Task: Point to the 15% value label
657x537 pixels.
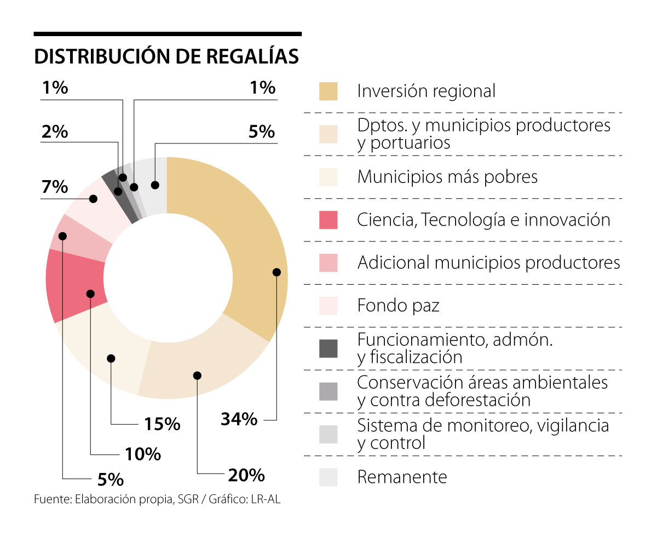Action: (162, 424)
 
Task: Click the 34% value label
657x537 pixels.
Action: (239, 419)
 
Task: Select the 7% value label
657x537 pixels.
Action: (55, 187)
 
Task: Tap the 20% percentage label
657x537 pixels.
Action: (246, 475)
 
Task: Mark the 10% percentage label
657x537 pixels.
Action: (142, 454)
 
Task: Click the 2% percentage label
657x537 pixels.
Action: (55, 132)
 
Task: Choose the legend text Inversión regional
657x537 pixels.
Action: (426, 91)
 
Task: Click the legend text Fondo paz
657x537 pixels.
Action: (398, 305)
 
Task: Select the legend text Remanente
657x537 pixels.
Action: (402, 477)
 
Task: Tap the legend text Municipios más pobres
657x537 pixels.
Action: (447, 177)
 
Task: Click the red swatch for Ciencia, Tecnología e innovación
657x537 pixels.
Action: (328, 220)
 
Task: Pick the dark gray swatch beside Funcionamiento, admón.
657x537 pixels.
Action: (328, 348)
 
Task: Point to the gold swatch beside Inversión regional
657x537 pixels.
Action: (328, 91)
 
